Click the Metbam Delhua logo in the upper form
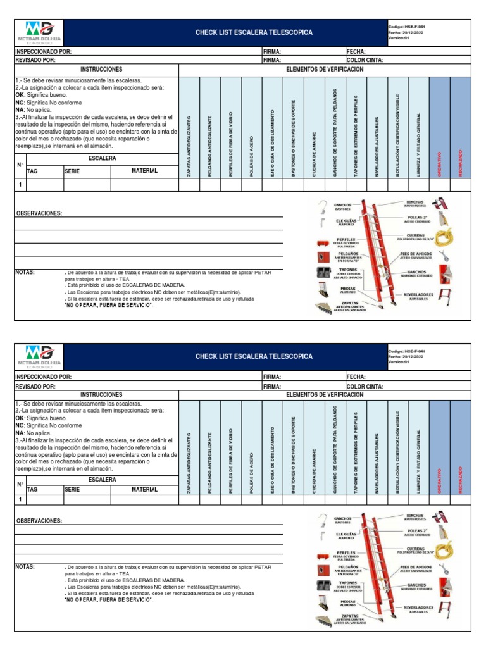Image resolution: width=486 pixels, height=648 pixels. [39, 32]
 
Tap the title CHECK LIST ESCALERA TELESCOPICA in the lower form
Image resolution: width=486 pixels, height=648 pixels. [254, 357]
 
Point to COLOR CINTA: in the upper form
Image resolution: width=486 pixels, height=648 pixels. [364, 60]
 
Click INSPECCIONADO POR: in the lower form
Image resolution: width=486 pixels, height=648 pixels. [43, 377]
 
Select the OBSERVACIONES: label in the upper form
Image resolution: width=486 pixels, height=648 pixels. [39, 213]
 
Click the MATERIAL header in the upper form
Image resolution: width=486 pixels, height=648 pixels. [144, 171]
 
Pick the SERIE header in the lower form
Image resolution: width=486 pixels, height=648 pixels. [73, 489]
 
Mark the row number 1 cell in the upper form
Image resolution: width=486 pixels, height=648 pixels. [20, 185]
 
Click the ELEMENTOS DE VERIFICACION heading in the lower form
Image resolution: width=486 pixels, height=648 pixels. [325, 394]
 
